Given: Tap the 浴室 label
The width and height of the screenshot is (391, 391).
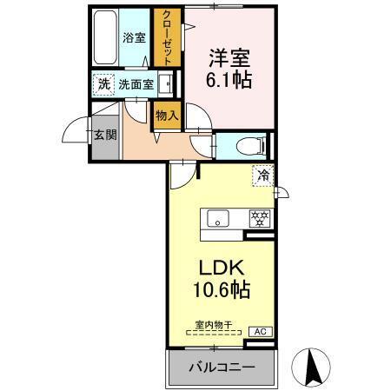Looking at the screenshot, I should (133, 38).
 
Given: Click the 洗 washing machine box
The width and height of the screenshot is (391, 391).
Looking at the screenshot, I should (103, 84).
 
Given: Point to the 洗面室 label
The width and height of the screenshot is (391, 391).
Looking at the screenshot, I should (136, 85).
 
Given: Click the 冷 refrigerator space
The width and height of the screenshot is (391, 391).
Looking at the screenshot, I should (262, 175).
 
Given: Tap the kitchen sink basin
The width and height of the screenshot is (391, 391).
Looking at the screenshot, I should (217, 217).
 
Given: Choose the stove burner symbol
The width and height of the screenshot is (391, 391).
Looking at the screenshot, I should (258, 218).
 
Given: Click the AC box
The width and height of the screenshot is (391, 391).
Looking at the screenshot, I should (259, 332).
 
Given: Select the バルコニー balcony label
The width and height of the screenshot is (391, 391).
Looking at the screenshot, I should (222, 368).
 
